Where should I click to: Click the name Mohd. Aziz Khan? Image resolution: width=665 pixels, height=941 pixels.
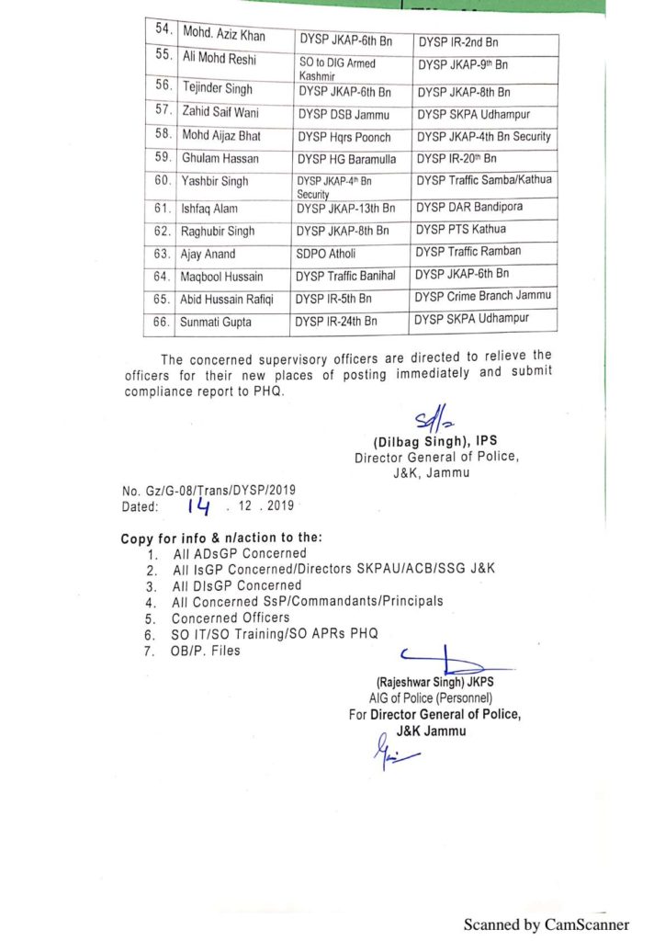tap(225, 35)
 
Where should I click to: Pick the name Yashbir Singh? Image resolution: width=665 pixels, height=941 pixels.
tap(214, 181)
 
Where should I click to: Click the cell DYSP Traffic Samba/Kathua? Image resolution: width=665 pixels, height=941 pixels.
tap(484, 180)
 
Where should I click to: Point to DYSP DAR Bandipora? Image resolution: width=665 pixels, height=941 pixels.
tap(472, 208)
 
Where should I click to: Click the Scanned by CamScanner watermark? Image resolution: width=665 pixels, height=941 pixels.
tap(546, 924)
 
